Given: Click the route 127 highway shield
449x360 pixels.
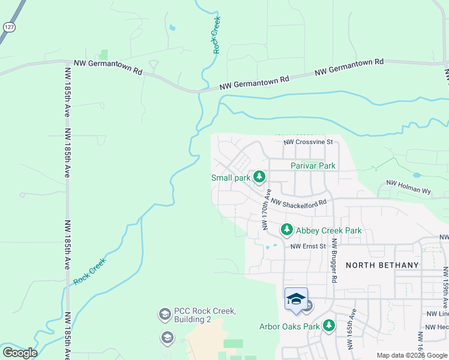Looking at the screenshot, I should pyautogui.click(x=9, y=28).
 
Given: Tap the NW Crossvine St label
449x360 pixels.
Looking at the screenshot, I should pyautogui.click(x=308, y=143).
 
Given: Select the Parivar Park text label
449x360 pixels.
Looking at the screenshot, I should pyautogui.click(x=313, y=166).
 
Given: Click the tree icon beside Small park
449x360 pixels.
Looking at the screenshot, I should pyautogui.click(x=259, y=177).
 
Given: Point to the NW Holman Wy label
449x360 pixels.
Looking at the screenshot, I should pyautogui.click(x=409, y=187).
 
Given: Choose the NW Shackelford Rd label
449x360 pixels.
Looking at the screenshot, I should pyautogui.click(x=298, y=203).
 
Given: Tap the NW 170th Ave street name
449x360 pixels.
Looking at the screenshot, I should pyautogui.click(x=266, y=209).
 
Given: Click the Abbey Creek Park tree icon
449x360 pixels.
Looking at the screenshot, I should pyautogui.click(x=287, y=230).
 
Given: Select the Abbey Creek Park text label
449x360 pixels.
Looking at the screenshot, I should pyautogui.click(x=329, y=230).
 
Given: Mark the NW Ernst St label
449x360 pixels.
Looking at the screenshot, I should pyautogui.click(x=307, y=247).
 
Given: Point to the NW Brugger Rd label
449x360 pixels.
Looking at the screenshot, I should pyautogui.click(x=334, y=260).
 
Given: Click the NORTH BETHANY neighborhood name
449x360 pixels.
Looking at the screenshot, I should pyautogui.click(x=382, y=265).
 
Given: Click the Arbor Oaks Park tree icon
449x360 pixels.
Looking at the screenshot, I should pyautogui.click(x=328, y=326).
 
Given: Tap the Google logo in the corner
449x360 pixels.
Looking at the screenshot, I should pyautogui.click(x=19, y=353).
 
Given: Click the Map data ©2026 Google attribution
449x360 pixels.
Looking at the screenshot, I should pyautogui.click(x=412, y=355).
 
